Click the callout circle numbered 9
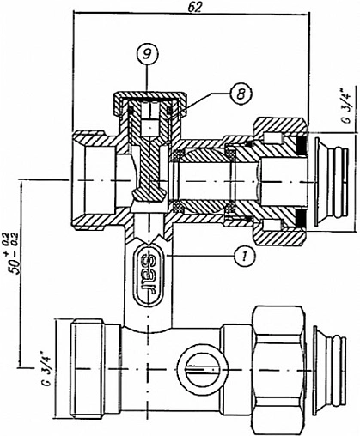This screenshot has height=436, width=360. tap(147, 54)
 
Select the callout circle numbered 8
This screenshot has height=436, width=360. tap(241, 93)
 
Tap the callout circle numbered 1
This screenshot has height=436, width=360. tap(244, 256)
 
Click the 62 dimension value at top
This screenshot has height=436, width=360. tap(195, 8)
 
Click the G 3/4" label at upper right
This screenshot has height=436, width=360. tap(347, 106)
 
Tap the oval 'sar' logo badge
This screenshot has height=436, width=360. tap(149, 273)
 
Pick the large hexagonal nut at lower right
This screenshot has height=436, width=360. tap(277, 370)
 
